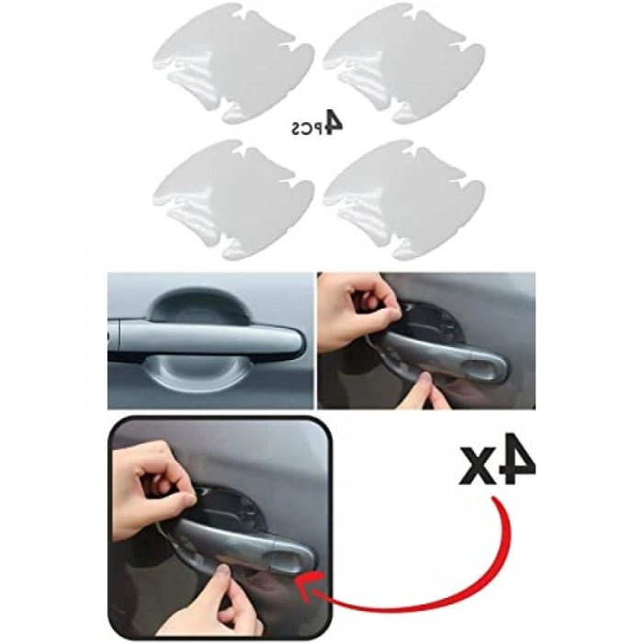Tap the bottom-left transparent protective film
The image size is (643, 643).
[233, 199]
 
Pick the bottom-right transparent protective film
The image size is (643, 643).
[404, 199]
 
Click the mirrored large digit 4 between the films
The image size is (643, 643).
[331, 122]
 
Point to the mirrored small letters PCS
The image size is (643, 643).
[305, 129]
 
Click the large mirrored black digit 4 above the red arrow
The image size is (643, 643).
[515, 459]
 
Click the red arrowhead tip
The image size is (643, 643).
[297, 581]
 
